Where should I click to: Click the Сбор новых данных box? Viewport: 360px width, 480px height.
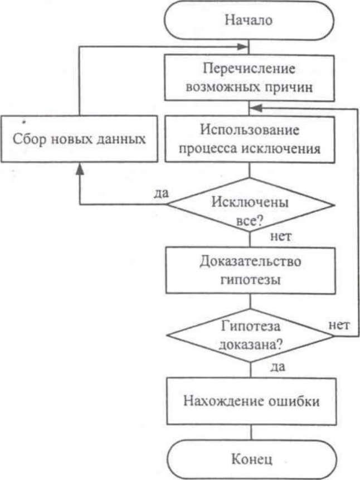click(x=80, y=138)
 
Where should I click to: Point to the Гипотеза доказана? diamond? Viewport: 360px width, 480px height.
click(x=250, y=336)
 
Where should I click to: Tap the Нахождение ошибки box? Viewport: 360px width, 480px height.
click(x=250, y=401)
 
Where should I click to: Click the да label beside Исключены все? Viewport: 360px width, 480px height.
click(x=161, y=193)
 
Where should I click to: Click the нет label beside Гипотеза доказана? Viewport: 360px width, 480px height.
click(x=339, y=324)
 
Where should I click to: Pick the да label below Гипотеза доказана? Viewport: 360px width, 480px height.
click(x=277, y=368)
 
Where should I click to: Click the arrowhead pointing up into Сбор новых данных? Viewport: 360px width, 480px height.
click(x=80, y=167)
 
